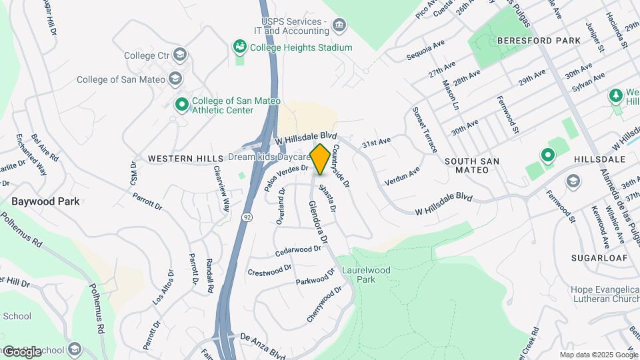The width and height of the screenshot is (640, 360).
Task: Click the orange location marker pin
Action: coord(320,159)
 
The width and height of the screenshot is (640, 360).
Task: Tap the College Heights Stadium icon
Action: coord(239,47)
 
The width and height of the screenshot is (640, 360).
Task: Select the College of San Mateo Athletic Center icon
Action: coord(181,105)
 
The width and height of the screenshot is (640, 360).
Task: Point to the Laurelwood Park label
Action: coord(366,275)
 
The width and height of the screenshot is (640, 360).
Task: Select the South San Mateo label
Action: coord(476,165)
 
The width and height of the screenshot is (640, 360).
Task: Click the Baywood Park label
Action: coord(45,201)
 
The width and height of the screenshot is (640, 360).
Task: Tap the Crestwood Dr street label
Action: coord(269,270)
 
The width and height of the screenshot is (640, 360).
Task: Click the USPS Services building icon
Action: coord(340,26)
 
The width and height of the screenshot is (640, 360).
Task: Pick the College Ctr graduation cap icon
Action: coord(179,55)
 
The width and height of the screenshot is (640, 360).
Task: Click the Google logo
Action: coord(21,351)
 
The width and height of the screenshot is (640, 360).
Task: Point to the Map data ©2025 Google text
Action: coord(599,355)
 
